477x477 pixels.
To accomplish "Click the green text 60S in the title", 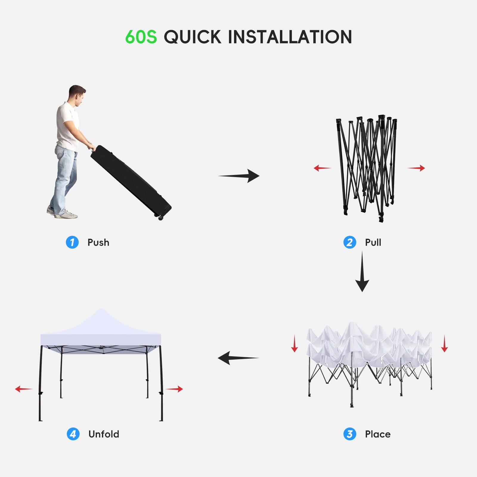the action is click(x=141, y=37).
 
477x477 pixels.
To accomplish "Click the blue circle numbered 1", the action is click(x=72, y=242).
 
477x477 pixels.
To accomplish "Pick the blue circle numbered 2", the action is click(x=350, y=242).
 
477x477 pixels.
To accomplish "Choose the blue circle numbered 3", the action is click(x=350, y=434).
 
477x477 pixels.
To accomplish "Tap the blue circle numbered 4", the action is click(x=73, y=434).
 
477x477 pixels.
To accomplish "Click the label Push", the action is click(x=98, y=243).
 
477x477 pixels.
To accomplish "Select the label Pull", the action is click(x=373, y=242).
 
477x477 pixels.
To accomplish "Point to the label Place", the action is click(x=378, y=434).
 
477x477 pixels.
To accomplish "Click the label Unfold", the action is click(x=104, y=434).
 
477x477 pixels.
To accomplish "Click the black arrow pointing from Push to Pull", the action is click(x=239, y=176).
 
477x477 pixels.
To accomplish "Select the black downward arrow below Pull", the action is click(x=362, y=271).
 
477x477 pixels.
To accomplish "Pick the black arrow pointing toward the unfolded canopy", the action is click(x=238, y=358).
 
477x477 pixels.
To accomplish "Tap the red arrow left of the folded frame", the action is click(x=323, y=168).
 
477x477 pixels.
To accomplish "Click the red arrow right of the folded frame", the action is click(x=416, y=168).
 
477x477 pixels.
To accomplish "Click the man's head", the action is click(x=77, y=95).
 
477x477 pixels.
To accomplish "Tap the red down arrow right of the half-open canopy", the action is click(x=445, y=343).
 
